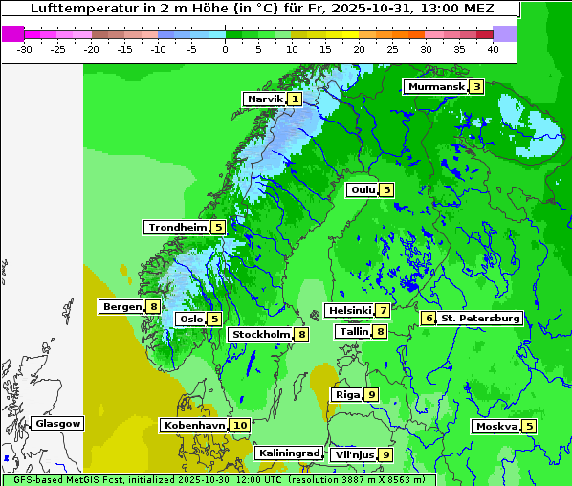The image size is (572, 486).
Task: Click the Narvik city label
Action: tap(265, 99)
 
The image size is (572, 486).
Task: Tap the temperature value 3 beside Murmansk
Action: tap(476, 87)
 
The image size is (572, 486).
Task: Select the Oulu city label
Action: tap(363, 189)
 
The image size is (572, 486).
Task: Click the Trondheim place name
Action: tap(177, 227)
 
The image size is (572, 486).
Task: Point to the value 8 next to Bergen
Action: tap(153, 307)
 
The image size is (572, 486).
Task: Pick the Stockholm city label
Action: tap(260, 334)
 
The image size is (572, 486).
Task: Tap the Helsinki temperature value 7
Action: tap(383, 310)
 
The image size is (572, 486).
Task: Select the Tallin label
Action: tap(354, 331)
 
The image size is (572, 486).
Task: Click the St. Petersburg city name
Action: tap(480, 318)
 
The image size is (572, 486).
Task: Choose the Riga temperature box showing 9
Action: tap(371, 394)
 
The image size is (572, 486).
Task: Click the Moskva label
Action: tap(496, 426)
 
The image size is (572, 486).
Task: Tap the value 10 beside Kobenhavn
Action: tap(240, 425)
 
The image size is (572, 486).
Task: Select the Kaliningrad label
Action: tap(288, 453)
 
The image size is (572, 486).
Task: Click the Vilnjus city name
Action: tap(353, 454)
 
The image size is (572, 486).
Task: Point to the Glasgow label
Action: tap(58, 423)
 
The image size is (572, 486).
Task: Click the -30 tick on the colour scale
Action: tap(25, 48)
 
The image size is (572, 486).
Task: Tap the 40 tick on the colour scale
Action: tap(493, 48)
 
